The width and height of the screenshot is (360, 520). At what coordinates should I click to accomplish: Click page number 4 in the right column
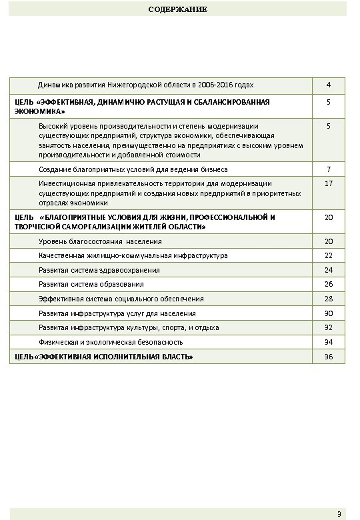pyautogui.click(x=329, y=85)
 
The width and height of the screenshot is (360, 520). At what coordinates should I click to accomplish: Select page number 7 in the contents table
pyautogui.click(x=329, y=169)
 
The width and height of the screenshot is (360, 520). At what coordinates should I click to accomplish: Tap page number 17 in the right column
pyautogui.click(x=329, y=183)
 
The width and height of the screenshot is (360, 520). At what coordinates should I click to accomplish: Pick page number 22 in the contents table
pyautogui.click(x=329, y=255)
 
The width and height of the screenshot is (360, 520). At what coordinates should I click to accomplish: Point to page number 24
pyautogui.click(x=329, y=270)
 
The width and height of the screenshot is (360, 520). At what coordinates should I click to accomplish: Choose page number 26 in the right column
pyautogui.click(x=329, y=285)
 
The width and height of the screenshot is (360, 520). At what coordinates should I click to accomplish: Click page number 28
pyautogui.click(x=329, y=299)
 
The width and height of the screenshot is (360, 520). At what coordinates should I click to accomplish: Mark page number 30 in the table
pyautogui.click(x=329, y=313)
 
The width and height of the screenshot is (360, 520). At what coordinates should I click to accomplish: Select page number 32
pyautogui.click(x=329, y=328)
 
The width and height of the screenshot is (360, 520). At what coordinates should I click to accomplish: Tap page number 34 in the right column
pyautogui.click(x=329, y=342)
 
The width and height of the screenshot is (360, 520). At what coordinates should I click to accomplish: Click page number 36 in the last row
pyautogui.click(x=329, y=357)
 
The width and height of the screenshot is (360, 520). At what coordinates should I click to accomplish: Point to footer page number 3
pyautogui.click(x=339, y=513)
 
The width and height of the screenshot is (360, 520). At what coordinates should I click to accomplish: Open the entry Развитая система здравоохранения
pyautogui.click(x=99, y=270)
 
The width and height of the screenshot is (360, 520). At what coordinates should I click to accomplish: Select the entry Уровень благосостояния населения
pyautogui.click(x=100, y=241)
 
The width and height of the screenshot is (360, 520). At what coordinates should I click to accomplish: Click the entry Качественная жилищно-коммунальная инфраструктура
pyautogui.click(x=133, y=255)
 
